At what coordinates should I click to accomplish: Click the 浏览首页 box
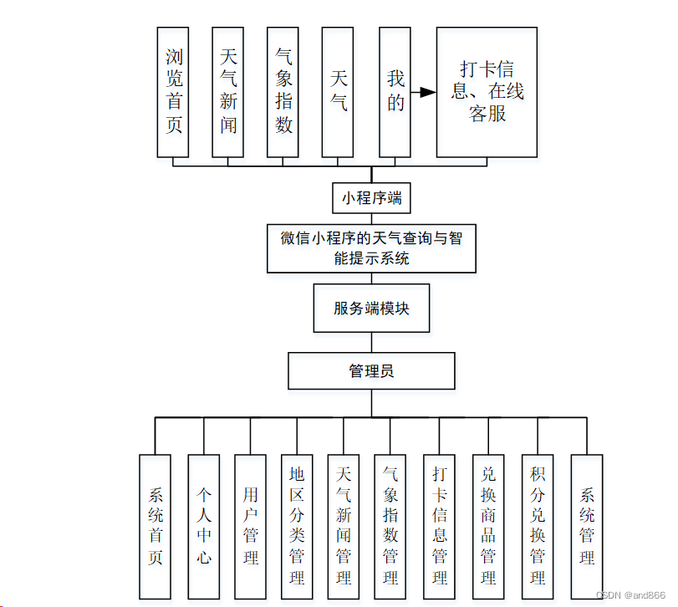pos(174,92)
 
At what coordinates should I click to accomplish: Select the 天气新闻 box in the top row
pos(228,92)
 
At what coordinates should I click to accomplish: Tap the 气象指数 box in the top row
pos(283,92)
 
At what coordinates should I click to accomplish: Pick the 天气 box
pos(339,92)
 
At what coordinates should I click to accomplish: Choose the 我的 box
pos(395,92)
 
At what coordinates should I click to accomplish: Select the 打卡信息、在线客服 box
pos(487,92)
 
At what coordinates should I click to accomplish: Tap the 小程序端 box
pos(371,198)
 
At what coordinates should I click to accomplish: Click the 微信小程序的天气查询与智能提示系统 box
pos(371,248)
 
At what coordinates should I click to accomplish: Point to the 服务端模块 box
pos(371,308)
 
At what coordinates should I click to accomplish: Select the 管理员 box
pos(371,371)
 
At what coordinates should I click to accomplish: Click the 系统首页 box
pos(155,526)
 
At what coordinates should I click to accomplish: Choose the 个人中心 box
pos(204,526)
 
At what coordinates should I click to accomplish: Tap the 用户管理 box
pos(251,526)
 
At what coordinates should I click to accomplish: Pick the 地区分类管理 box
pos(297,526)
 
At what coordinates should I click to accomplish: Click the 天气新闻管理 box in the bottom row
pos(344,526)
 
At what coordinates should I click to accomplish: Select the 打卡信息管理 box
pos(440,526)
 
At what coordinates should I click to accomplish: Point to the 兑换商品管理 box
pos(488,526)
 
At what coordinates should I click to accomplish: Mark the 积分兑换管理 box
pos(538,526)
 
